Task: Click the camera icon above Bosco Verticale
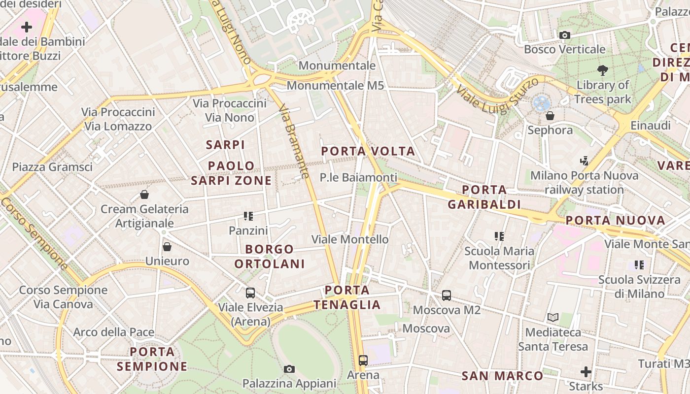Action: tap(565, 35)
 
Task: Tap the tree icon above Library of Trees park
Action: tap(602, 70)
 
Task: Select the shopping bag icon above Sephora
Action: tap(550, 116)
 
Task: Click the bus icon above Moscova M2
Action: tap(447, 295)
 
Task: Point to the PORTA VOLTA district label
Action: tap(368, 151)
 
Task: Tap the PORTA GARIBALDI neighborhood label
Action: tap(484, 197)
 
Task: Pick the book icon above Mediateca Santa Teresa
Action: tap(553, 318)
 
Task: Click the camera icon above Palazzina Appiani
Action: tap(289, 369)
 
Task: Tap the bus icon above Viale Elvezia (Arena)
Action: tap(250, 293)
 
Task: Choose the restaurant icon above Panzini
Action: tap(248, 216)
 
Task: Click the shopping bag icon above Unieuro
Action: tap(167, 247)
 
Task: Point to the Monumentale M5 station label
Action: tap(335, 85)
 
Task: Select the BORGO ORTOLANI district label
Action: tap(270, 257)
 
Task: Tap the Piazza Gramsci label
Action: tap(52, 167)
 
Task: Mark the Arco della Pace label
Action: tap(114, 332)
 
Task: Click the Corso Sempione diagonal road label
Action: tap(34, 233)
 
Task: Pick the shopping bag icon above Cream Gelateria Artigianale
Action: tap(144, 195)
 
